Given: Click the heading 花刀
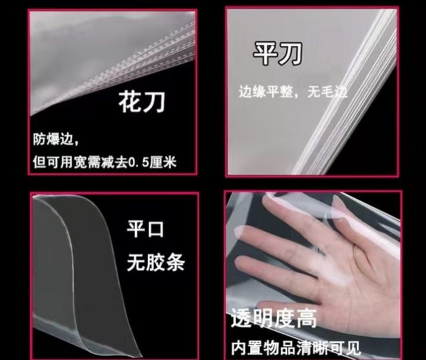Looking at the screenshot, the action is (142, 102).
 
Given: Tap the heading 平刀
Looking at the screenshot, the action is (278, 54).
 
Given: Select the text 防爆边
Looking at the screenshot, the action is (54, 139).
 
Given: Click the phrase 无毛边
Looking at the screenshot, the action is (327, 92).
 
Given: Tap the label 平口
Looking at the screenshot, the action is (145, 229).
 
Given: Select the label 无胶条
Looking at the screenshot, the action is (156, 262).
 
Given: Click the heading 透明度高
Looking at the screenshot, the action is (274, 318).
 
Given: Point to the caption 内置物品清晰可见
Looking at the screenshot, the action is (296, 348).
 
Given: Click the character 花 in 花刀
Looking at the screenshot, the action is (129, 102).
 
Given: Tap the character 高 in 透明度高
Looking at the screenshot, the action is (306, 318).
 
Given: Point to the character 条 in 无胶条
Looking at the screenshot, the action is (176, 262).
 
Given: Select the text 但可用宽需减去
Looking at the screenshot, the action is (80, 162).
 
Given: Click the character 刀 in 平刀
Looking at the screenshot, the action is (290, 54).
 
